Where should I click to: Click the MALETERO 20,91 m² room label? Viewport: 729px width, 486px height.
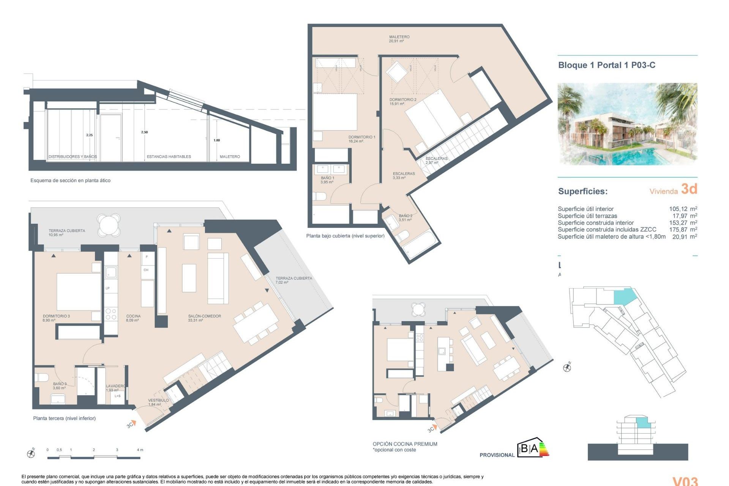click(399, 39)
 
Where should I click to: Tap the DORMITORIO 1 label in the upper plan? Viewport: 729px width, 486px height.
click(361, 139)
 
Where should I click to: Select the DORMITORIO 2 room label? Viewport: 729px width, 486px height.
click(402, 101)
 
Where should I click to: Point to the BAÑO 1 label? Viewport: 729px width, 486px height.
click(327, 180)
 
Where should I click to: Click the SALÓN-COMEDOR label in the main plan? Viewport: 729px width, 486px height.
click(204, 318)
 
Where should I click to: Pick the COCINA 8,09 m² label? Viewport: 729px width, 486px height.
click(133, 318)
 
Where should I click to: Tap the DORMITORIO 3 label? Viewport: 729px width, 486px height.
click(56, 318)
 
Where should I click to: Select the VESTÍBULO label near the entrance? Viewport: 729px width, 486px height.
click(158, 402)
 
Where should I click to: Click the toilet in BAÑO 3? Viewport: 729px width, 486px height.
click(41, 377)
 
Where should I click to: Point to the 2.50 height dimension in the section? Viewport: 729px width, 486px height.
click(144, 132)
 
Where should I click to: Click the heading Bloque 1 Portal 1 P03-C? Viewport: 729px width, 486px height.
click(606, 65)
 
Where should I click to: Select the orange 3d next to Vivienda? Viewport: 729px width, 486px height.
click(689, 189)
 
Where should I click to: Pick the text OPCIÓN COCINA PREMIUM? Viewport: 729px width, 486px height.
click(405, 444)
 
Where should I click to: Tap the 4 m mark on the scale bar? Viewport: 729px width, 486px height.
click(140, 450)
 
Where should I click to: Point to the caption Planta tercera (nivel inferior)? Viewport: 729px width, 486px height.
click(64, 418)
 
